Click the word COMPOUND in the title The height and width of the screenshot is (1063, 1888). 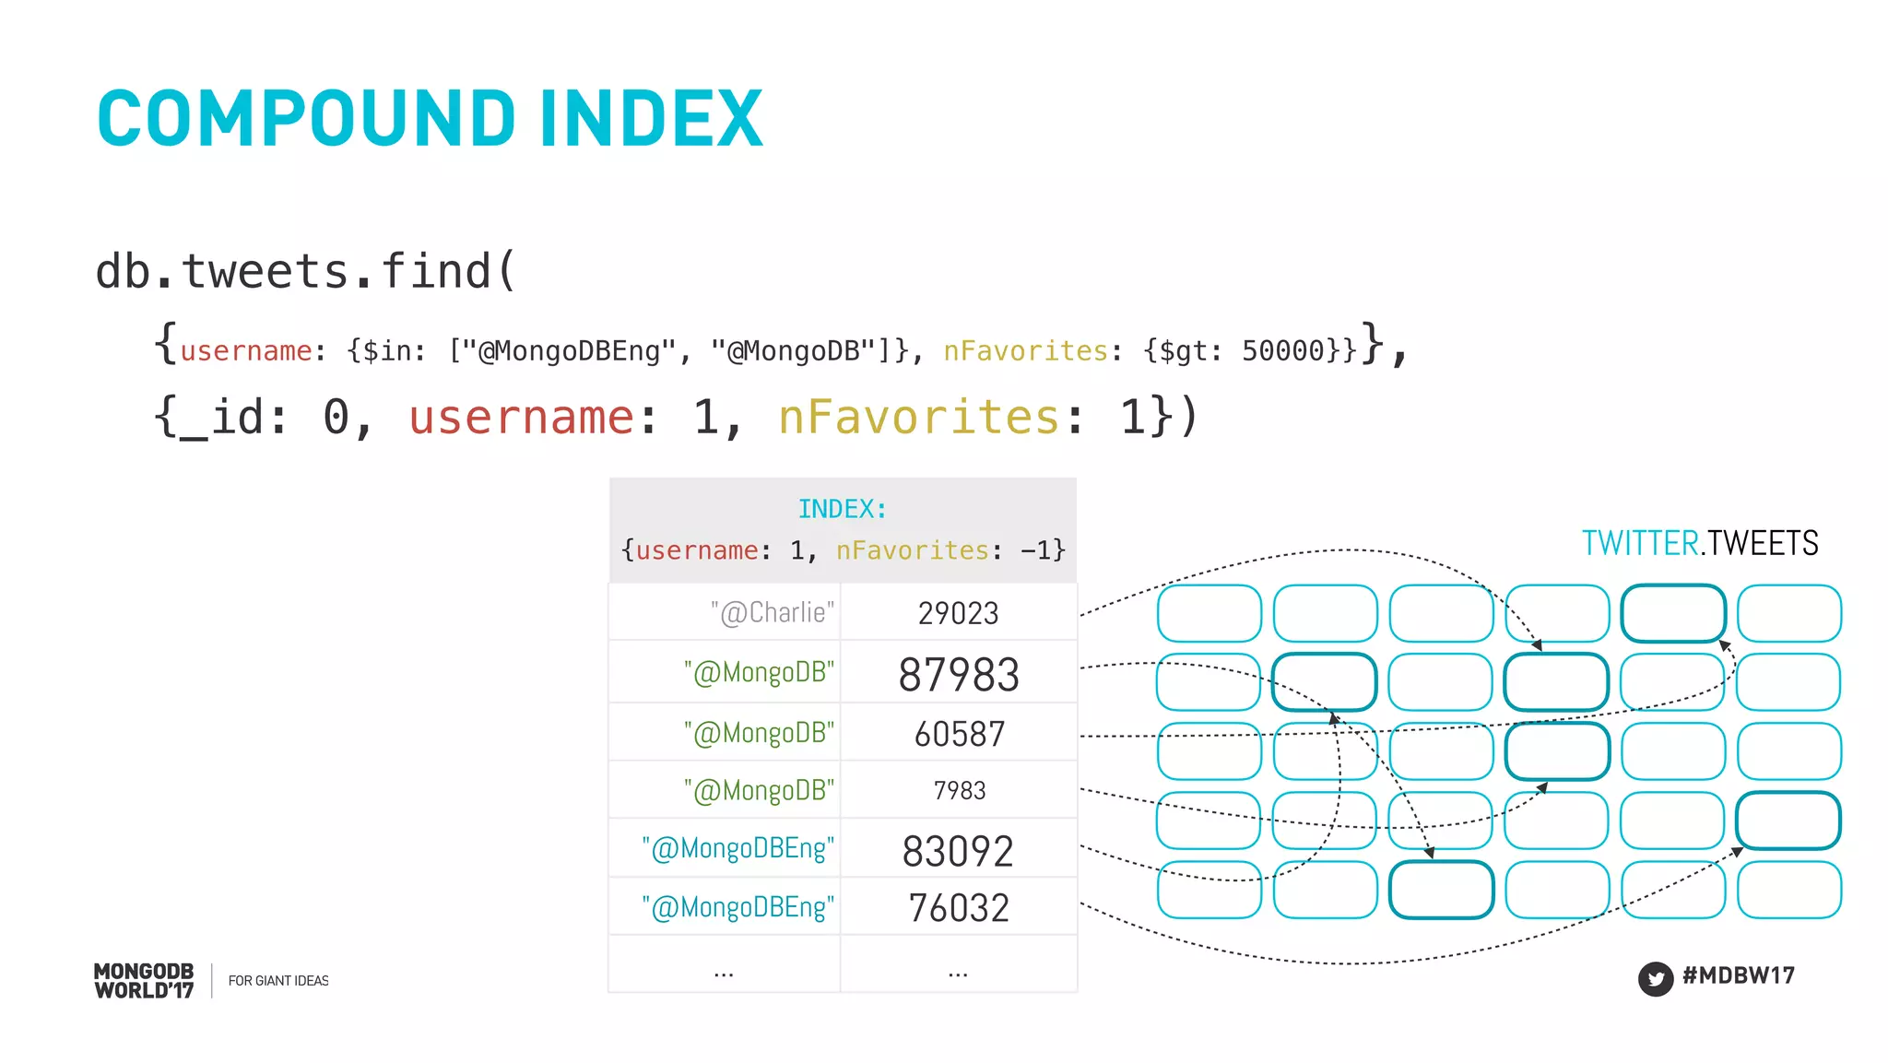tap(306, 119)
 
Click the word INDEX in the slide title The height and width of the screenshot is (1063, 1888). tap(652, 119)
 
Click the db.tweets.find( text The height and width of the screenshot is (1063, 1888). tap(305, 271)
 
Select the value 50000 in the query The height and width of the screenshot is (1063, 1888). tap(1282, 351)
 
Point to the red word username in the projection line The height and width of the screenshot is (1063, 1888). tap(522, 417)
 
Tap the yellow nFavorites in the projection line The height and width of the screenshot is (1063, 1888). tap(918, 417)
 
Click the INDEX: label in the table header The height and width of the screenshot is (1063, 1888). tap(842, 509)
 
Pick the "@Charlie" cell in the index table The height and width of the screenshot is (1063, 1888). tap(772, 613)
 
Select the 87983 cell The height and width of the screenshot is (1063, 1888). tap(959, 675)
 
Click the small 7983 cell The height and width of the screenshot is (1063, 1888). tap(959, 791)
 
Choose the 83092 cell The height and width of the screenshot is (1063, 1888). tap(958, 851)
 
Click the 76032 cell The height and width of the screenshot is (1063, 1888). tap(959, 908)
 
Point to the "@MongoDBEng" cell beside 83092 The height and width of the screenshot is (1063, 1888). tap(737, 848)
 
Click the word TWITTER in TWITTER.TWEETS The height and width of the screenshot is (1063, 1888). tap(1640, 543)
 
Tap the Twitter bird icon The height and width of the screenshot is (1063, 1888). tap(1656, 979)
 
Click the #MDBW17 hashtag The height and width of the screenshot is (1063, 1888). tap(1738, 975)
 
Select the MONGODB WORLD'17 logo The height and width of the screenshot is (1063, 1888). tap(144, 981)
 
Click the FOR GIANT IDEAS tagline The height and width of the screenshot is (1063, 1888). tap(278, 981)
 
